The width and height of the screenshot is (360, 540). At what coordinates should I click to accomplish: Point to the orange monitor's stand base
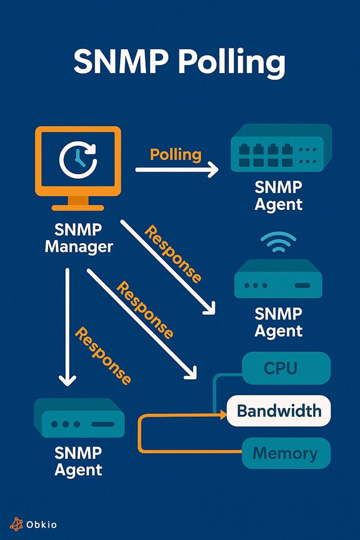click(78, 207)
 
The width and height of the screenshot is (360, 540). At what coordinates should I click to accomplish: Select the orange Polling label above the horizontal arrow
click(175, 154)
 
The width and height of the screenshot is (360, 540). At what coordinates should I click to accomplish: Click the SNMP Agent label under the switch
click(279, 196)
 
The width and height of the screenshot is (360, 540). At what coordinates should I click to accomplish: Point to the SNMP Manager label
click(78, 238)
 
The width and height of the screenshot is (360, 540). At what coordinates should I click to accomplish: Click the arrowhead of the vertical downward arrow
click(68, 379)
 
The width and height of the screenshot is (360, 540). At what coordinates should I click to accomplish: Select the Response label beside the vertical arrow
click(102, 356)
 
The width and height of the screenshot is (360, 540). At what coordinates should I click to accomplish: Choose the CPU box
click(286, 368)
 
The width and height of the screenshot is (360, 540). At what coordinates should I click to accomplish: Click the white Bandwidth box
click(279, 411)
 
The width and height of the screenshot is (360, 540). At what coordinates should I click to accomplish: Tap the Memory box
click(286, 453)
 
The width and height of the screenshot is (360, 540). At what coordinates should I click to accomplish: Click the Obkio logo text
click(42, 524)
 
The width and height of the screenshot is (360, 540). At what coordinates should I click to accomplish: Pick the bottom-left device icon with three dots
click(79, 419)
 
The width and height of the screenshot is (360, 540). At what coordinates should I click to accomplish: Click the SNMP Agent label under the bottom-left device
click(78, 461)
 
